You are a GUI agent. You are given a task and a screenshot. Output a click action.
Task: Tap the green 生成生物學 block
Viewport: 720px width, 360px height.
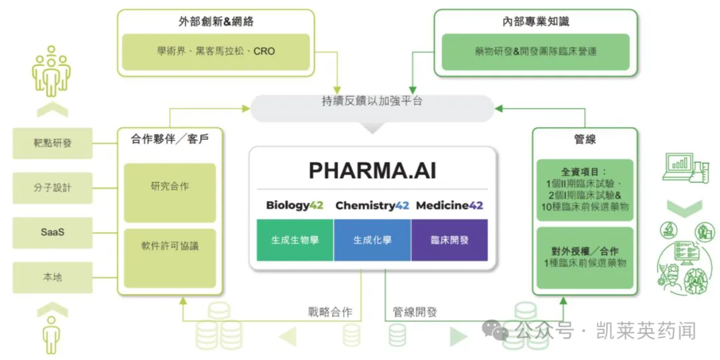tap(295, 240)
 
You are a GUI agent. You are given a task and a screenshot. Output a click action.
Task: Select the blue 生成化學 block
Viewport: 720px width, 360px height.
tap(372, 240)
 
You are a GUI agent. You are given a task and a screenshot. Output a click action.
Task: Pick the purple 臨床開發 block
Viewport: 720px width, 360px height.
tap(449, 240)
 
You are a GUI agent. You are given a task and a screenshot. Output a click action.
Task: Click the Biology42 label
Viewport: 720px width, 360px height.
tap(294, 205)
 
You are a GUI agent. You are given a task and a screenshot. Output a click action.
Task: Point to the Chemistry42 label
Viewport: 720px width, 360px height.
tap(372, 205)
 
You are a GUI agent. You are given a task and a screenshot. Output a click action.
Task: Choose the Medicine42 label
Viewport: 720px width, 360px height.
tap(449, 205)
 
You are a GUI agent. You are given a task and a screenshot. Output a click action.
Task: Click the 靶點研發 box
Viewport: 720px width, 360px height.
tap(53, 143)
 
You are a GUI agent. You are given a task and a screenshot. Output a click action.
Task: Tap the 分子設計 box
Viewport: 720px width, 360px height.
tap(53, 188)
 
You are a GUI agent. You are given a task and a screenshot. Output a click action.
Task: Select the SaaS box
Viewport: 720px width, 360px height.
tap(53, 233)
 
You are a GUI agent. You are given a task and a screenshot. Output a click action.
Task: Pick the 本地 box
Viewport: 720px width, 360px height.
tap(53, 277)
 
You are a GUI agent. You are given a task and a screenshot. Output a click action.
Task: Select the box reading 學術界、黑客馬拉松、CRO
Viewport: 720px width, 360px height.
tap(217, 51)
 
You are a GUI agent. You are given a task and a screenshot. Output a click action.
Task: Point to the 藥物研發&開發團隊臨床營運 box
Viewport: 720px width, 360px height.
tap(536, 51)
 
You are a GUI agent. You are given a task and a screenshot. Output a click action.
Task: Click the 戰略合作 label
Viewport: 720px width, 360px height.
tap(330, 312)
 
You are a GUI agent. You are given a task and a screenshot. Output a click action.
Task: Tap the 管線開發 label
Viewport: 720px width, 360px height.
tap(415, 312)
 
